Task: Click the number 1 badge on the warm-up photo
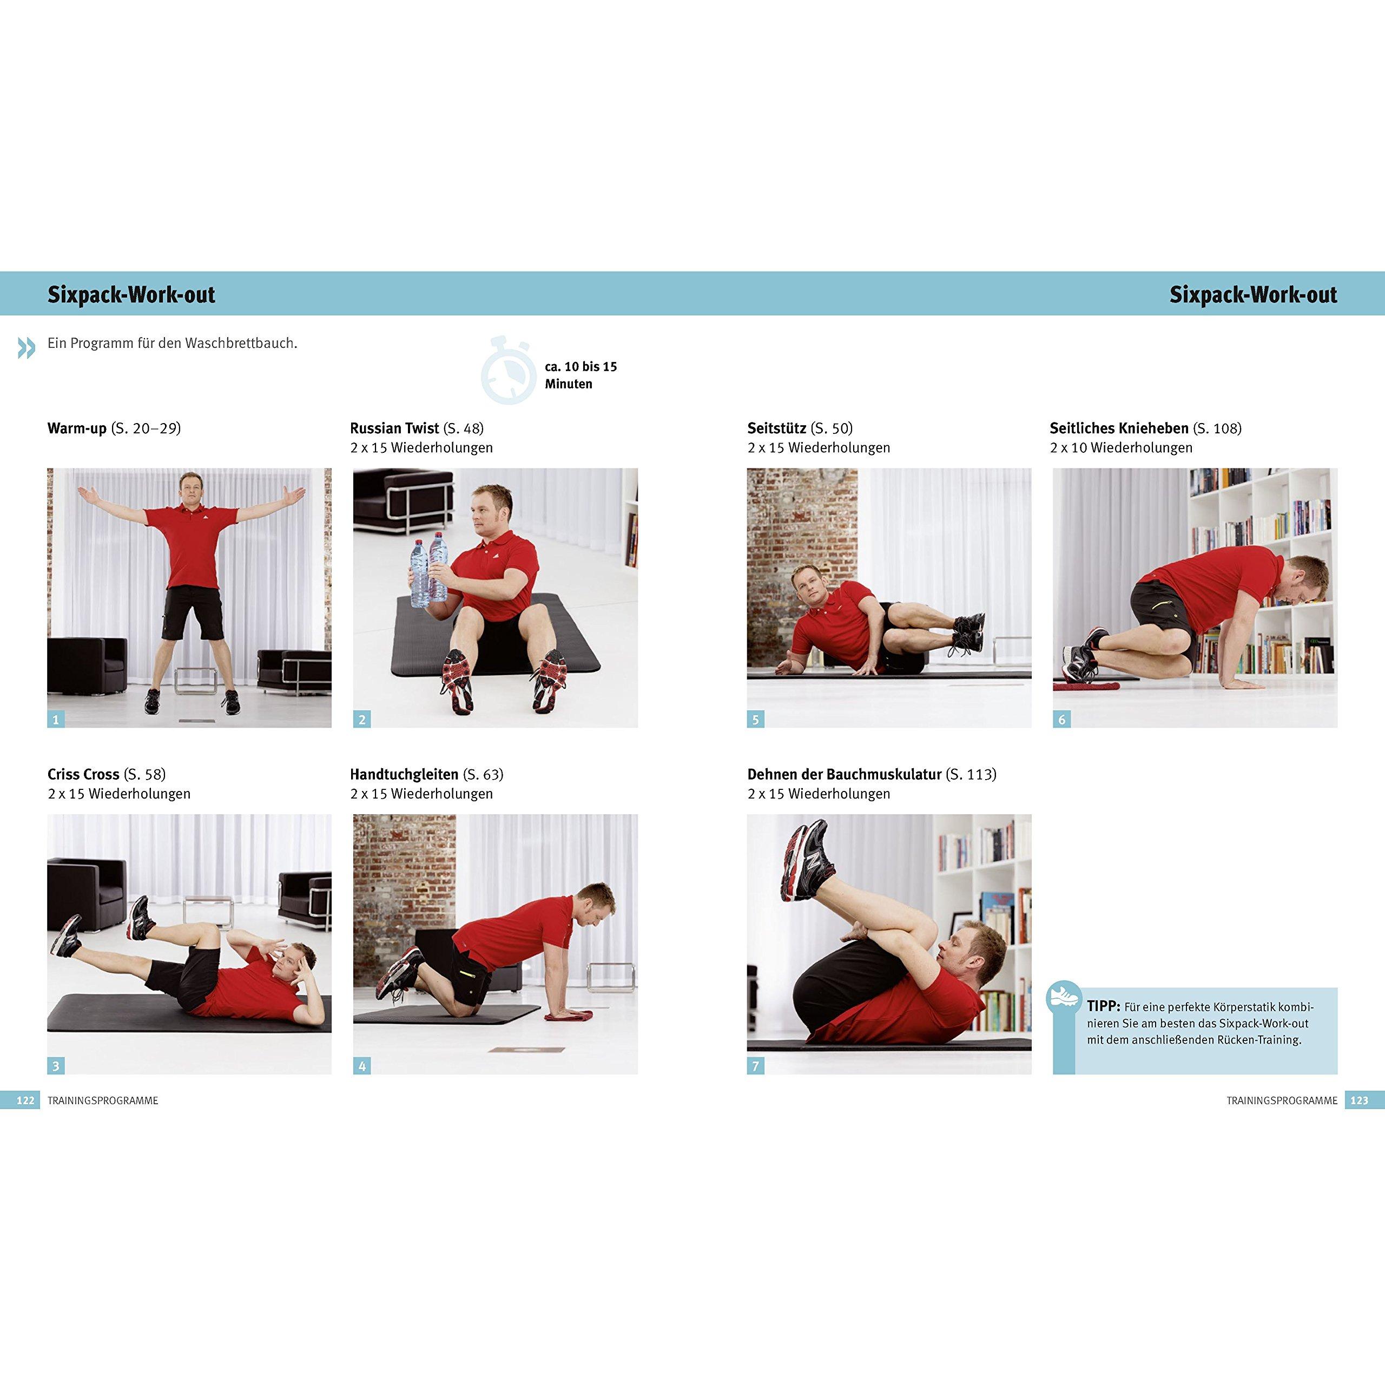coord(56,719)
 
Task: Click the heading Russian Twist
coord(394,428)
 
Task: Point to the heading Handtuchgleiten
coord(404,774)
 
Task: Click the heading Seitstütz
coord(776,428)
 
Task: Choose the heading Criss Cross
coord(83,774)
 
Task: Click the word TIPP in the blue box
coord(1103,1006)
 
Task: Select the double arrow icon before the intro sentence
coord(27,348)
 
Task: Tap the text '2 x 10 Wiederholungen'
coord(1121,447)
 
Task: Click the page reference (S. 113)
coord(971,774)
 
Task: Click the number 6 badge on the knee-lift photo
coord(1061,719)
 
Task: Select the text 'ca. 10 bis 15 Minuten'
coord(581,375)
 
